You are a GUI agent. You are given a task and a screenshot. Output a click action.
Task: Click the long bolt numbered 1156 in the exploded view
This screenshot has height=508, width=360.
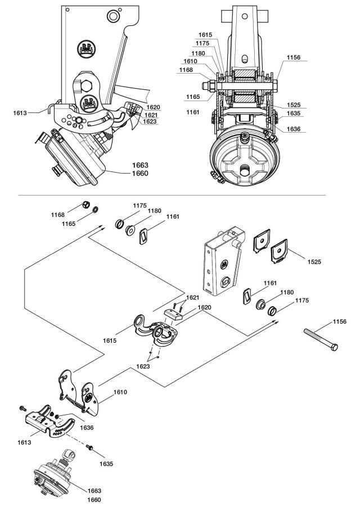click(x=321, y=339)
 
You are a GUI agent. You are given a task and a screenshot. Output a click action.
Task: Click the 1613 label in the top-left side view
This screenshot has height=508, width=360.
click(x=20, y=112)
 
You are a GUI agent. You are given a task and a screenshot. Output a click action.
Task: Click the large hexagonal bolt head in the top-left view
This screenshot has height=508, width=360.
click(x=88, y=86)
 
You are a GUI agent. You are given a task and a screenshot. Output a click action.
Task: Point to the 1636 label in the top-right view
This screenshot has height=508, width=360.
click(x=293, y=129)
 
